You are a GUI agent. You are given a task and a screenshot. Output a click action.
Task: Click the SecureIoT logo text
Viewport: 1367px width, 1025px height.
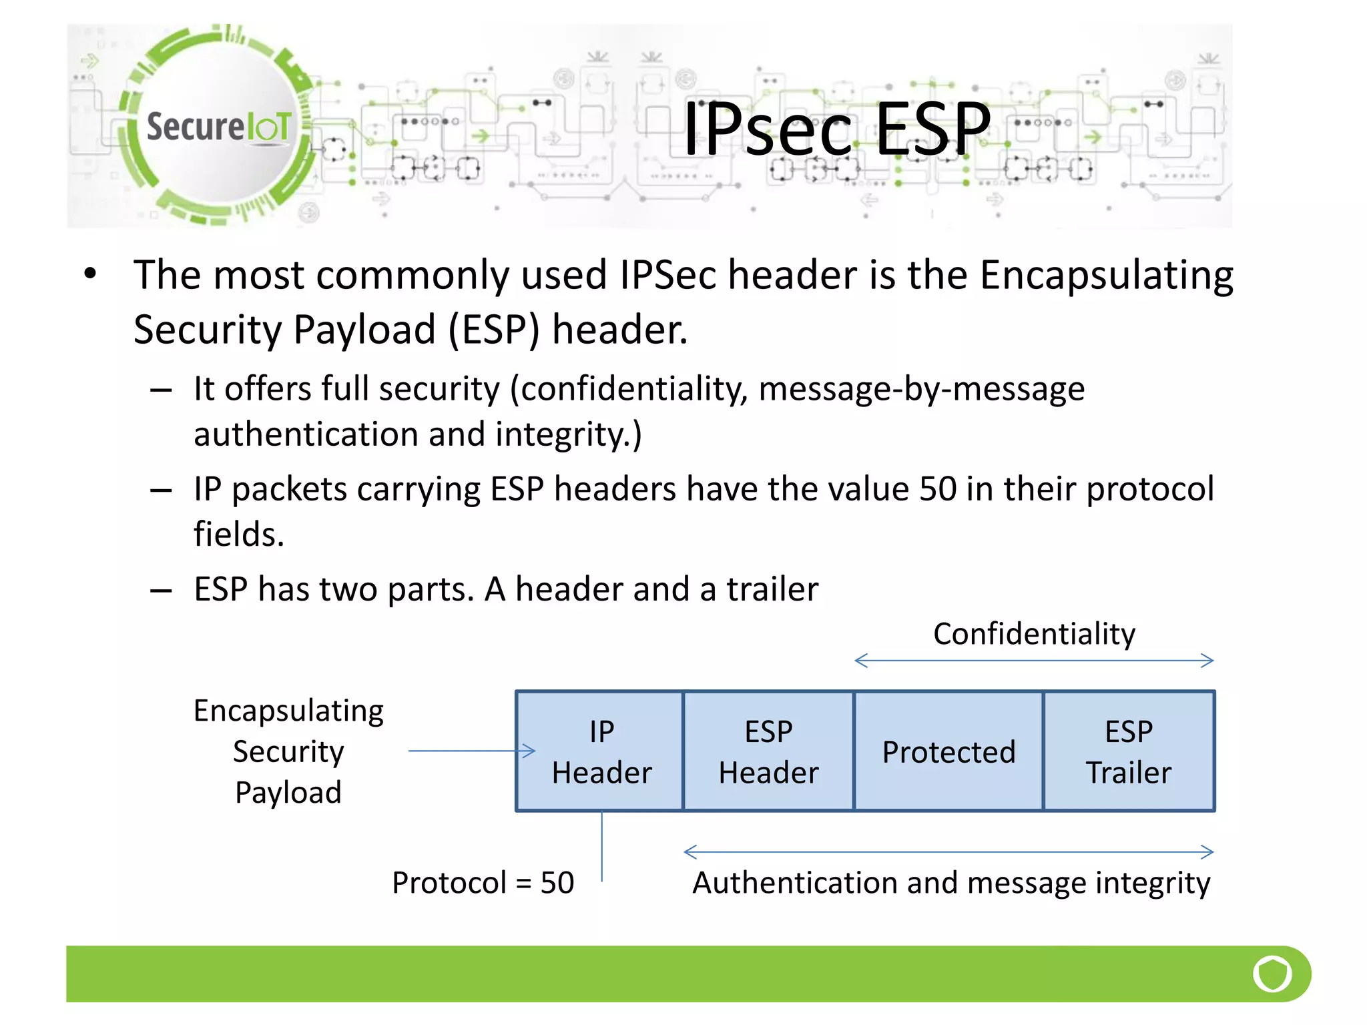coord(219,127)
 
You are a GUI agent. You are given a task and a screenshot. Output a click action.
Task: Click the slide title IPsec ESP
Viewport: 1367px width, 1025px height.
coord(837,129)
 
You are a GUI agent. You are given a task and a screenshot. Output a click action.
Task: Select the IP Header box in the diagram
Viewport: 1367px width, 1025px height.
coord(601,751)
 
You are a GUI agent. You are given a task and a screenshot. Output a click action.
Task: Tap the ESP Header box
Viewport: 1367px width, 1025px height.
coord(768,751)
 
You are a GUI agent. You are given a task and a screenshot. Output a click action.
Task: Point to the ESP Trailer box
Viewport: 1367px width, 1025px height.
coord(1128,751)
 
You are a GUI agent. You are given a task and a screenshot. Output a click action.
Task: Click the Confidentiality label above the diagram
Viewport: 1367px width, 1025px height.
coord(1033,634)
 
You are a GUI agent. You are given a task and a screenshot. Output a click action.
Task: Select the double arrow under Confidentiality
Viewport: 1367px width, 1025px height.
coord(1033,661)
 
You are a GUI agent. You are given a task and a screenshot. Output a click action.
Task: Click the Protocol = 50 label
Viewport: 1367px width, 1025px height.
coord(483,883)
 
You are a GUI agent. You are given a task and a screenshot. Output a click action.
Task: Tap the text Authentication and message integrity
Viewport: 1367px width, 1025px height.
coord(950,883)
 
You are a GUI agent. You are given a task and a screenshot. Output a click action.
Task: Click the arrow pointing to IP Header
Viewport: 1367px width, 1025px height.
coord(471,751)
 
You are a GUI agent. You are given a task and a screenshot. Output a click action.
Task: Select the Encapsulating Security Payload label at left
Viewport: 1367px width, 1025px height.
coord(288,751)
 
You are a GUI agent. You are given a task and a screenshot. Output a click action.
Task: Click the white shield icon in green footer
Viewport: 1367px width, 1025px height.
coord(1272,974)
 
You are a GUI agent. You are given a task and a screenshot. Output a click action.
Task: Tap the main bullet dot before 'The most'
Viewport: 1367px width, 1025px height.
coord(90,274)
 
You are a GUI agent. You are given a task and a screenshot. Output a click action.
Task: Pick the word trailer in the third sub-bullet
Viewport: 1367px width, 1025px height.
coord(772,589)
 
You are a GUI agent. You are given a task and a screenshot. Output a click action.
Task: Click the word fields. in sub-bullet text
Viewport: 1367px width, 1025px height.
coord(239,535)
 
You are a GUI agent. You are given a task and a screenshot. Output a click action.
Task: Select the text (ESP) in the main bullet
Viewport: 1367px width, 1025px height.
coord(493,330)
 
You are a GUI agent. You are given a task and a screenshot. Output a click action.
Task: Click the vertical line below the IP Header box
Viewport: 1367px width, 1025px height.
coord(601,846)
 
